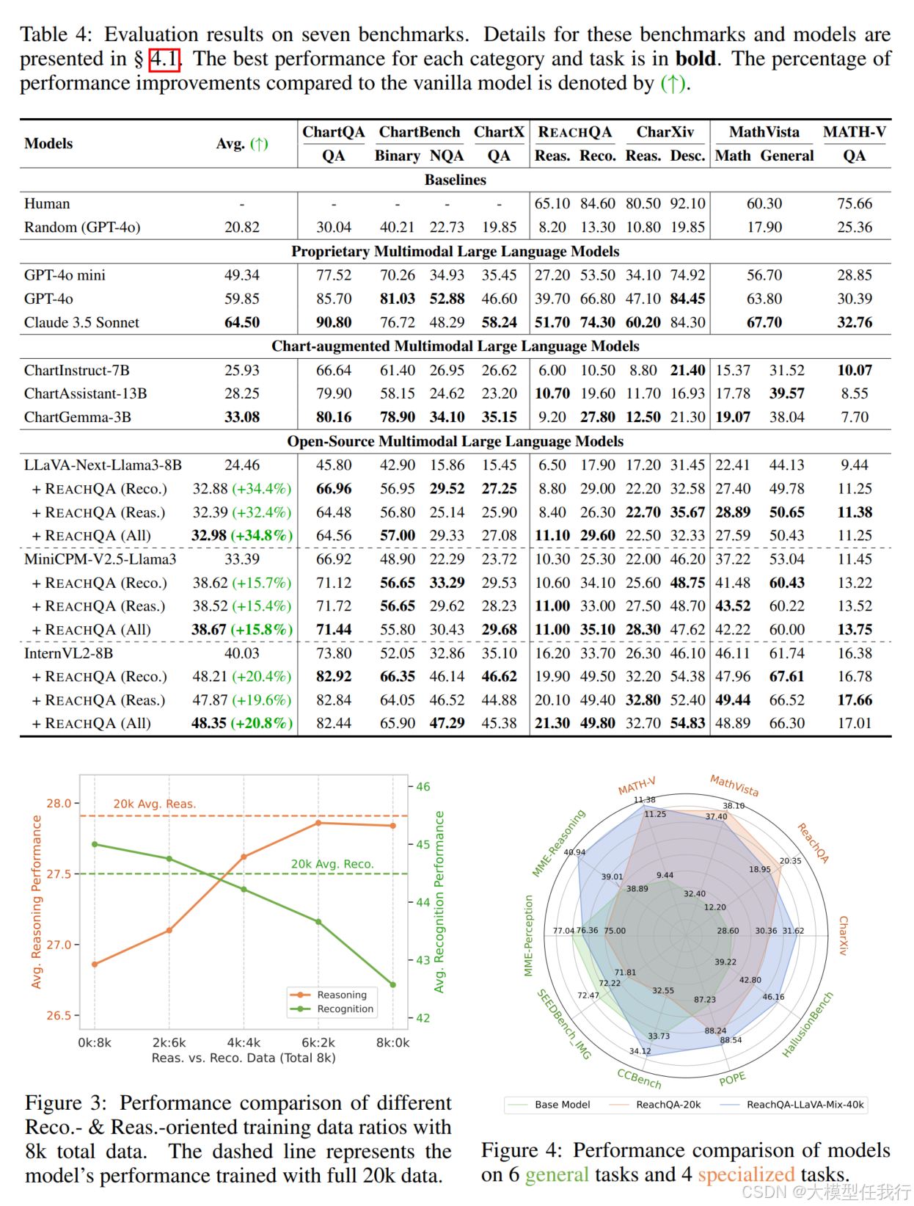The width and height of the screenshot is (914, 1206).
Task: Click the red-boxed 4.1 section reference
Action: pyautogui.click(x=164, y=59)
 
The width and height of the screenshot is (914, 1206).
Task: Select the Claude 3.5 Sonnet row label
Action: pyautogui.click(x=81, y=322)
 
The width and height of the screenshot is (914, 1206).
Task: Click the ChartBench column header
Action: pyautogui.click(x=419, y=132)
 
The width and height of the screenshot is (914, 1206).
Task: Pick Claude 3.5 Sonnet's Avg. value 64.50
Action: pyautogui.click(x=242, y=322)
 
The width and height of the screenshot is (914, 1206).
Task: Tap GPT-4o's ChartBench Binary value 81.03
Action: pyautogui.click(x=398, y=299)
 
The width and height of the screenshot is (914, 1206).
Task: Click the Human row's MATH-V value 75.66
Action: pyautogui.click(x=855, y=203)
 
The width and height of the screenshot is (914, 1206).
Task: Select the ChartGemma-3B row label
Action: pyautogui.click(x=78, y=417)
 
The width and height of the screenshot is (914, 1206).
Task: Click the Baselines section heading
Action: pyautogui.click(x=455, y=180)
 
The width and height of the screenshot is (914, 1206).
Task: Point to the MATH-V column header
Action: pyautogui.click(x=854, y=132)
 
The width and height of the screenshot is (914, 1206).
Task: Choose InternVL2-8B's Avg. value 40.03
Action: pyautogui.click(x=242, y=653)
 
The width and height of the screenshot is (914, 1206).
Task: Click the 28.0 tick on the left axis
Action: pyautogui.click(x=59, y=803)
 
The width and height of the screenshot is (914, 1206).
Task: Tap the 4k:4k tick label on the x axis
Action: pyautogui.click(x=244, y=1042)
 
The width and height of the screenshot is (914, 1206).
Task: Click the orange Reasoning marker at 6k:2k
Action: pyautogui.click(x=318, y=823)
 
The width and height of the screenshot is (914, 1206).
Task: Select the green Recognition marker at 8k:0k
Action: pyautogui.click(x=393, y=984)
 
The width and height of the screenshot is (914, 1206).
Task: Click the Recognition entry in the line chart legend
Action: pyautogui.click(x=345, y=1009)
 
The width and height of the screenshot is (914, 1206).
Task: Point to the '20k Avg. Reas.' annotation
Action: pyautogui.click(x=154, y=804)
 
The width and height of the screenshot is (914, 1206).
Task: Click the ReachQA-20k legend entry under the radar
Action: pyautogui.click(x=668, y=1105)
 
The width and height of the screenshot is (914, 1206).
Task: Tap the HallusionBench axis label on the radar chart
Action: pyautogui.click(x=808, y=1025)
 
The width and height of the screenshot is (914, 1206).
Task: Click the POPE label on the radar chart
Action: pyautogui.click(x=732, y=1078)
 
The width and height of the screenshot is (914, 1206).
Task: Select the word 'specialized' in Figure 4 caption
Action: pyautogui.click(x=746, y=1174)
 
